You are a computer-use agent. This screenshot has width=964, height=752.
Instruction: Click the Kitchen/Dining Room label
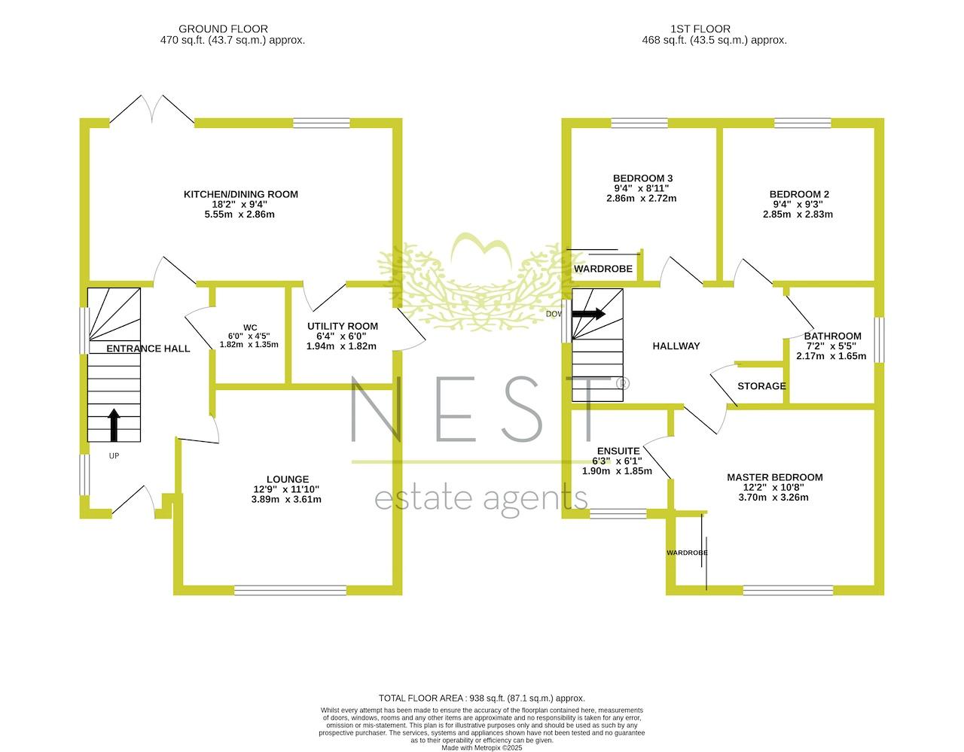241,194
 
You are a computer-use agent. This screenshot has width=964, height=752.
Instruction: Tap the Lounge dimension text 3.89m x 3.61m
286,499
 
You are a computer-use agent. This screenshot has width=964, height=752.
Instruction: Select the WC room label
250,328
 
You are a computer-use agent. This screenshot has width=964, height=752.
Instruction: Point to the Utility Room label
343,327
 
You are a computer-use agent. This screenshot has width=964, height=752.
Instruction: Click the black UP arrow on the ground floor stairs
114,425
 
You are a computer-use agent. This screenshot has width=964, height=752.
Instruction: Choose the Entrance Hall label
148,349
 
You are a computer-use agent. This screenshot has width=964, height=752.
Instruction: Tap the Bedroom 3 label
643,178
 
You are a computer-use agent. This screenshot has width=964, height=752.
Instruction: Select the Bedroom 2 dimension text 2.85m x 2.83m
798,215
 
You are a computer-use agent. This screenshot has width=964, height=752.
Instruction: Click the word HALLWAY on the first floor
676,346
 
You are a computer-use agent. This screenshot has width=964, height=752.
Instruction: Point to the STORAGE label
761,386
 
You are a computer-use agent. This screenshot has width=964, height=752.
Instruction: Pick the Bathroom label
833,336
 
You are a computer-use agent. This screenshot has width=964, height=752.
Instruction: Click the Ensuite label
618,451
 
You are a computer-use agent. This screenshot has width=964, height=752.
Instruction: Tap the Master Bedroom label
774,477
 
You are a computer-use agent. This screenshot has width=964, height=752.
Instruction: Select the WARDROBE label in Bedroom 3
603,269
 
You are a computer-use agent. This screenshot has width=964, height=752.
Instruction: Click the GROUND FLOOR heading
223,29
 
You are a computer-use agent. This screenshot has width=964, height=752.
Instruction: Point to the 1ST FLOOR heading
700,29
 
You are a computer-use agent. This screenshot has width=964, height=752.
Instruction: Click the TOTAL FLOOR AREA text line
482,699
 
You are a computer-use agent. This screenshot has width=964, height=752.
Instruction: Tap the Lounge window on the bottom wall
290,590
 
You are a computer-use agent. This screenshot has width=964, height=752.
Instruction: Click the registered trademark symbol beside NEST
623,383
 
